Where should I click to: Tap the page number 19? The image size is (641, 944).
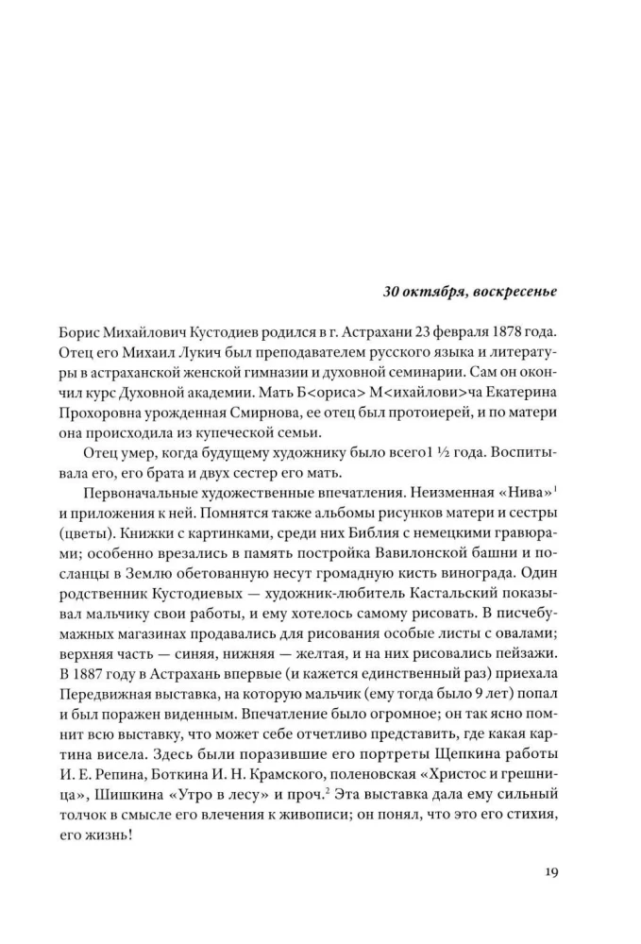click(550, 871)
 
